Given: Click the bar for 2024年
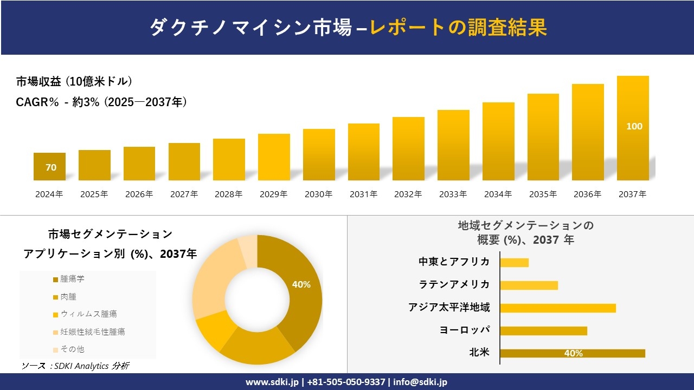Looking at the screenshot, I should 49,166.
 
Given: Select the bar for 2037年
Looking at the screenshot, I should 633,128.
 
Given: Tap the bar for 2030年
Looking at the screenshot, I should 319,154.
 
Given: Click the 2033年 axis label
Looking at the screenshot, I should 453,194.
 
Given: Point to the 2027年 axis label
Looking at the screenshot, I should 184,194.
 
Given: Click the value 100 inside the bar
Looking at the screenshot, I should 634,126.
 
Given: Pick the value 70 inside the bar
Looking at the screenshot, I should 51,167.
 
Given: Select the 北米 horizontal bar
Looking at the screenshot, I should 573,353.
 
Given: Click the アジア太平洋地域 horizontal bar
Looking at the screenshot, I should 558,308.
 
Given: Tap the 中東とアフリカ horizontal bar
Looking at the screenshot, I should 514,263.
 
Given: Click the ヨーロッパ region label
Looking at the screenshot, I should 465,330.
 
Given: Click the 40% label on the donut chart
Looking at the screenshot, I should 301,284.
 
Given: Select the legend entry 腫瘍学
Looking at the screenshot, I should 72,279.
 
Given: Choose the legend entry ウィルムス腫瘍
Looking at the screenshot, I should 88,314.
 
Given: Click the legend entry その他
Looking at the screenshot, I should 72,349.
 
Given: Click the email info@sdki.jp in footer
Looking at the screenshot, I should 421,382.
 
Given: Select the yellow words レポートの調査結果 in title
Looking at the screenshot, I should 458,28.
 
